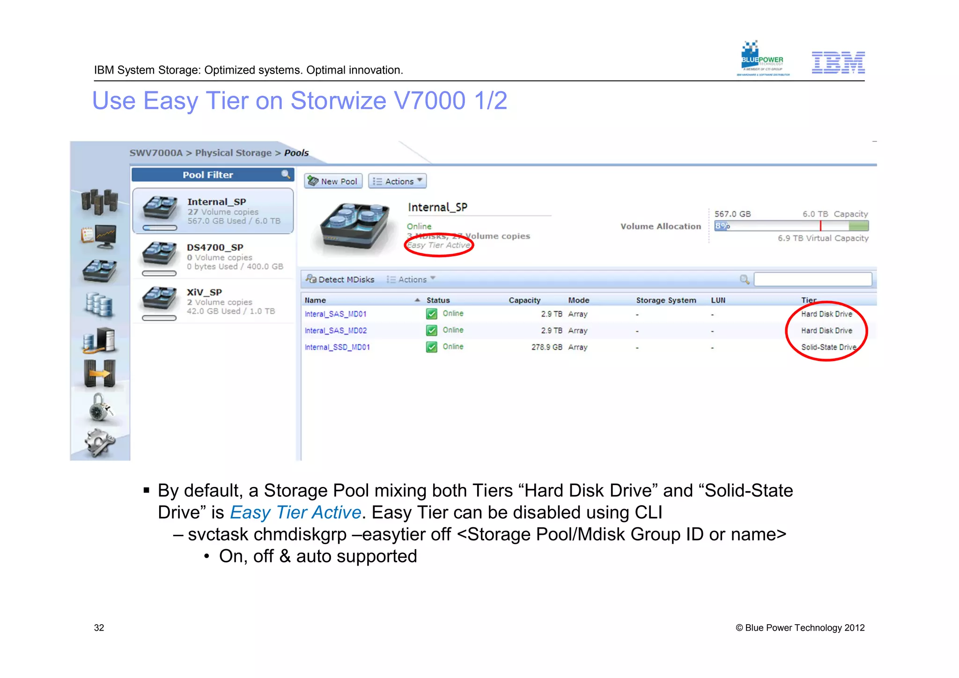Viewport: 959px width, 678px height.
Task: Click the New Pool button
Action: pyautogui.click(x=333, y=181)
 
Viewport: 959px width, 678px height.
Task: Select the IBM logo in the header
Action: pyautogui.click(x=838, y=63)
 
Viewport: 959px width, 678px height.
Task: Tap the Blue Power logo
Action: pyautogui.click(x=762, y=59)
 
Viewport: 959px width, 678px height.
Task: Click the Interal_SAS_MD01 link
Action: pyautogui.click(x=335, y=314)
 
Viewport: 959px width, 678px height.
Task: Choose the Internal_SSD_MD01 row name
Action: pyautogui.click(x=337, y=347)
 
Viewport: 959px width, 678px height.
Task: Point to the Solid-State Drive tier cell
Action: pyautogui.click(x=828, y=347)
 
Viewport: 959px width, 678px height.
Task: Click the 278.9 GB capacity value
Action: pyautogui.click(x=546, y=347)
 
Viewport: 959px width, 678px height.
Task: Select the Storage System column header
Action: pyautogui.click(x=666, y=300)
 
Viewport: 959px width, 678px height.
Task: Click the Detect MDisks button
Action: pyautogui.click(x=340, y=280)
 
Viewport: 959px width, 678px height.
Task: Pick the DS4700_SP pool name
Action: pyautogui.click(x=215, y=247)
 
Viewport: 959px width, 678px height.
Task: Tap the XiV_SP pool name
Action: pyautogui.click(x=204, y=292)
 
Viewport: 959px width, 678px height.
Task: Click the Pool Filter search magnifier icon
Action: pyautogui.click(x=286, y=175)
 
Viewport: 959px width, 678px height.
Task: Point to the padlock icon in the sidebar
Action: pyautogui.click(x=99, y=407)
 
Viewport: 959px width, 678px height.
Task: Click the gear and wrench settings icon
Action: pyautogui.click(x=99, y=442)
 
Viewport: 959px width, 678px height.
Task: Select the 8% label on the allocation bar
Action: pyautogui.click(x=722, y=226)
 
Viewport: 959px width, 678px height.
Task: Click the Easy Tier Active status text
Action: pyautogui.click(x=438, y=245)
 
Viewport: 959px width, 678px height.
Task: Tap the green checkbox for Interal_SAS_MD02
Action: pyautogui.click(x=431, y=331)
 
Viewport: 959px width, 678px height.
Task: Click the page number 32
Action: pyautogui.click(x=99, y=628)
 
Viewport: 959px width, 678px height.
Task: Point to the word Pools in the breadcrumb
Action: pyautogui.click(x=296, y=153)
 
